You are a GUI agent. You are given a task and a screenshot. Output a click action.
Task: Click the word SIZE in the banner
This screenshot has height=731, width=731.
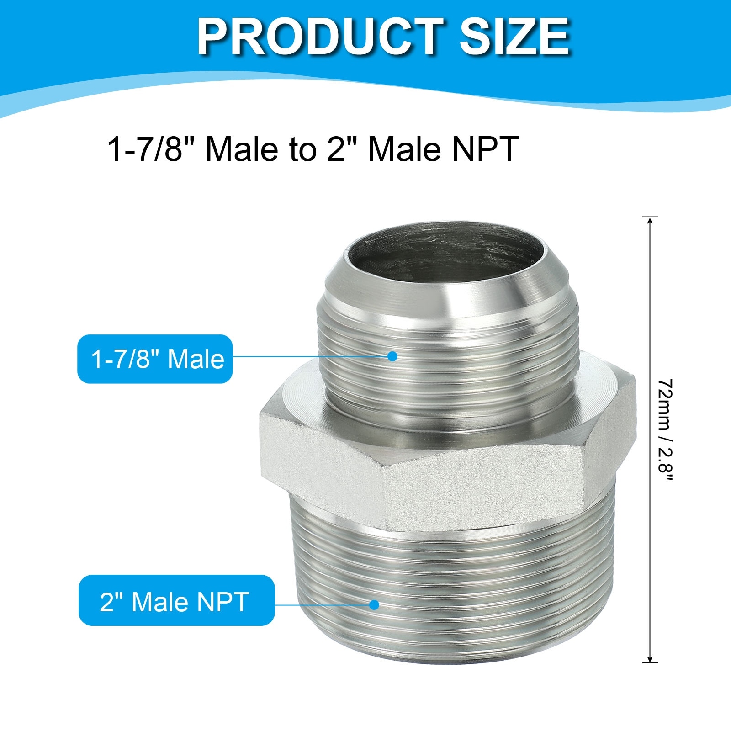(x=514, y=37)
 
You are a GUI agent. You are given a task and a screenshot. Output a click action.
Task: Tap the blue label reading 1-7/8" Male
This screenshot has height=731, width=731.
(x=155, y=359)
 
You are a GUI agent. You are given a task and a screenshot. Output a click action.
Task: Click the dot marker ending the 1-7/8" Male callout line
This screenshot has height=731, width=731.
(x=392, y=356)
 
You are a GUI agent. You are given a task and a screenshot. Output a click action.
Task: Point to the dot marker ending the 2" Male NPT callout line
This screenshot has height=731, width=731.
(x=374, y=604)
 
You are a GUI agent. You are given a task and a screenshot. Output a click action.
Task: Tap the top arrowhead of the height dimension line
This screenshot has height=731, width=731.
(x=649, y=222)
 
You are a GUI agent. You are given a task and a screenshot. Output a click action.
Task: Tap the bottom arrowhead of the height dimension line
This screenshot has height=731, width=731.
(x=649, y=657)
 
